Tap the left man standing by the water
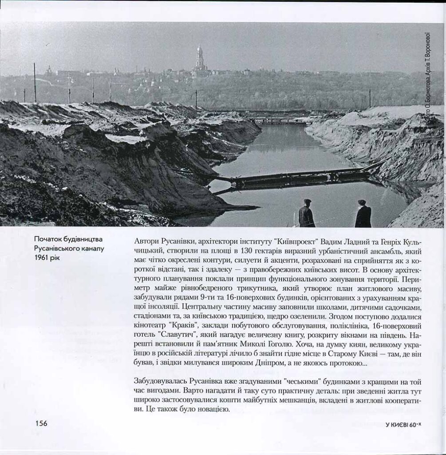coord(306,214)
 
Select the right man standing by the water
coord(363,214)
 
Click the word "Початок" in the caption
coord(48,240)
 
